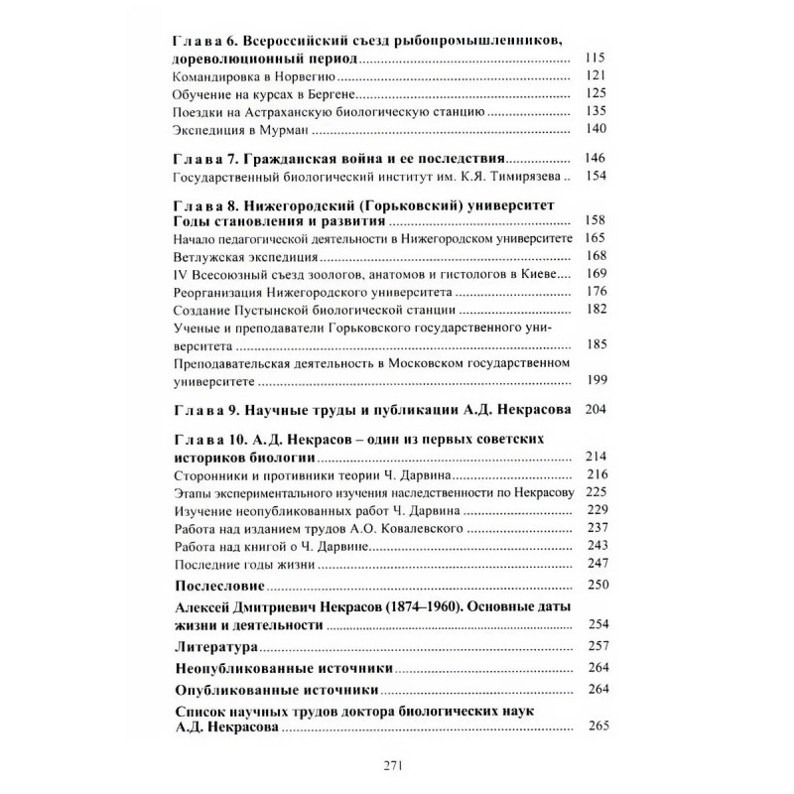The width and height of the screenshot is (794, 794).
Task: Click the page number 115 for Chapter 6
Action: (x=595, y=58)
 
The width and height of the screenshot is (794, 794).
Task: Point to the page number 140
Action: (x=595, y=131)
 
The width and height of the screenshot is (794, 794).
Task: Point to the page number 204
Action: (x=595, y=410)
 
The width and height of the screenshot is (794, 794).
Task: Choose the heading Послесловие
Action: (x=225, y=584)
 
